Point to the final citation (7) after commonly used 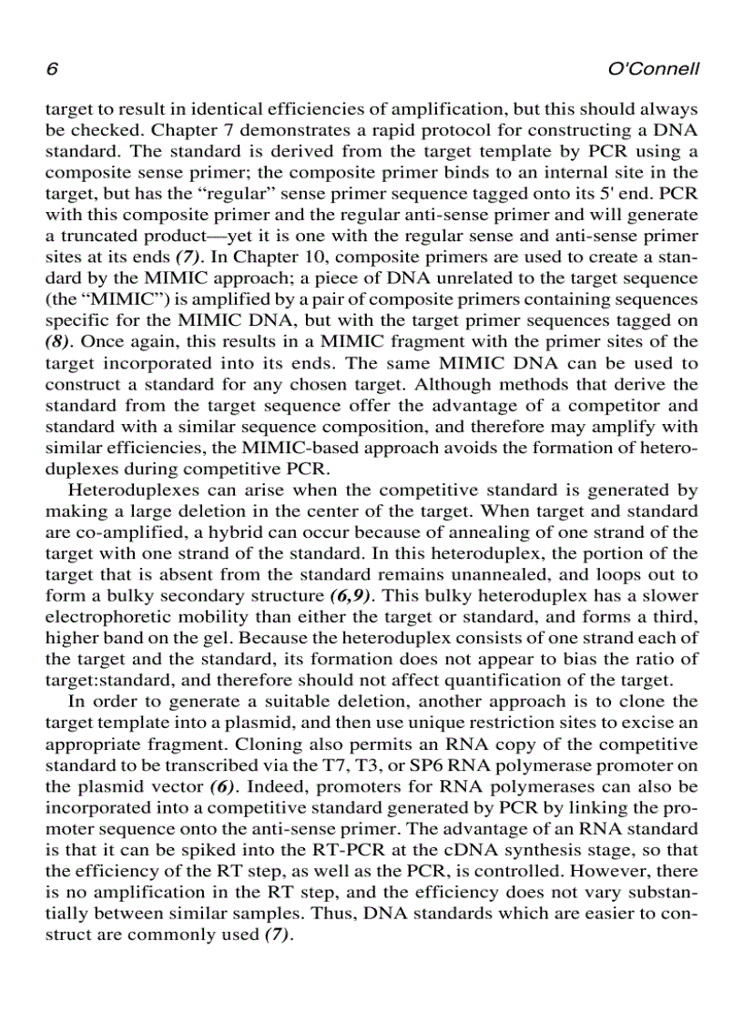coord(276,934)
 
